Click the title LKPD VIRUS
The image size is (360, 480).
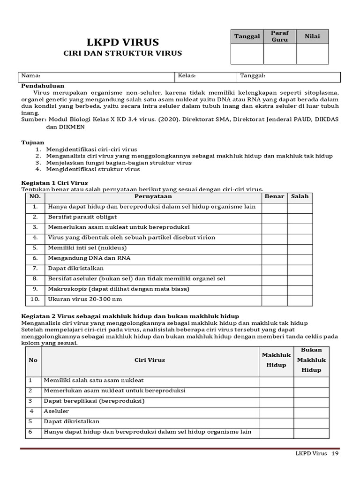(122, 42)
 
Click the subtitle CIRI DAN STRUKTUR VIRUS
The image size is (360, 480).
(122, 53)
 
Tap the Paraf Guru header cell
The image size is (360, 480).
(280, 37)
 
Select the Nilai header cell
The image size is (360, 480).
(312, 37)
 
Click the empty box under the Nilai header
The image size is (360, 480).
(312, 53)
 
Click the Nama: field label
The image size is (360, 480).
(31, 75)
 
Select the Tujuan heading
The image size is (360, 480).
(33, 142)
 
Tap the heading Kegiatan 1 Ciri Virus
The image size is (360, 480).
(55, 182)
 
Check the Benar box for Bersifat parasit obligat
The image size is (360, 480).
(274, 217)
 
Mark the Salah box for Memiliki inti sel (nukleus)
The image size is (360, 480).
(300, 248)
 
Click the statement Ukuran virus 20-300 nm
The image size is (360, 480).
(85, 299)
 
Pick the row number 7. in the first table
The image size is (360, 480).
(35, 269)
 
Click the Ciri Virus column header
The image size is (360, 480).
(150, 360)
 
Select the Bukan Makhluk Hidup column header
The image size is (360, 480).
(311, 360)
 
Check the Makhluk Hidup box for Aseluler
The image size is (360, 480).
(276, 411)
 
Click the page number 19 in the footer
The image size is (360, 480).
(335, 454)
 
